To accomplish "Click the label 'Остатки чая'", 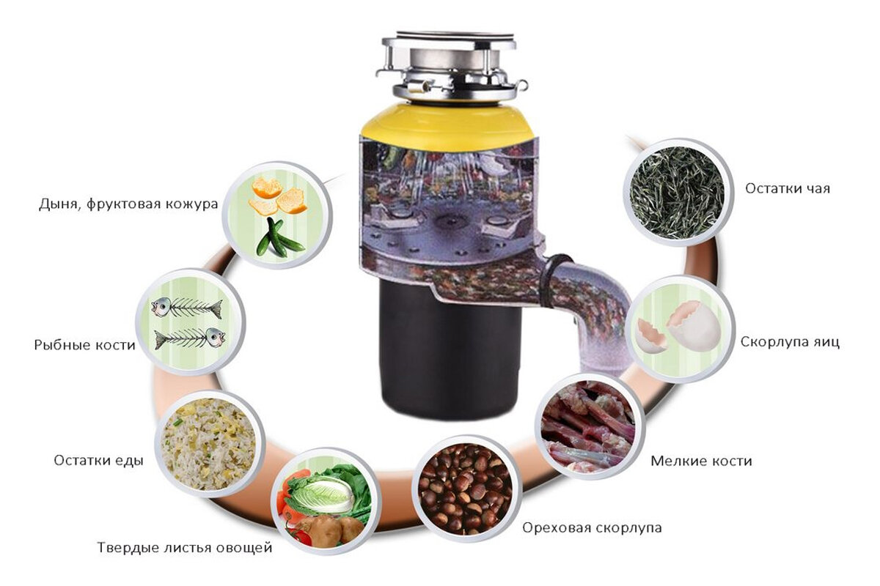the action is click(x=788, y=188).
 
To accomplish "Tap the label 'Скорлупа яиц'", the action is click(x=790, y=342).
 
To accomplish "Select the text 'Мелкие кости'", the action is click(x=701, y=461).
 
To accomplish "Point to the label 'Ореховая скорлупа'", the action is click(x=592, y=528).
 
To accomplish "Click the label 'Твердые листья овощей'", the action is click(x=185, y=547).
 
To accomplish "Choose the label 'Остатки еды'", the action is click(x=98, y=461).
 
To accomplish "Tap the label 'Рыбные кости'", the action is click(x=84, y=345).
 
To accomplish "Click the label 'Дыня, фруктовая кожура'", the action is click(x=128, y=204).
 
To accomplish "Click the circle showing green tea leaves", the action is click(x=678, y=193).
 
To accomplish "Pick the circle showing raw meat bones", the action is click(x=590, y=426).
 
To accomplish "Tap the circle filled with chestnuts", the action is click(x=467, y=489).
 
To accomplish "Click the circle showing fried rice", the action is click(x=210, y=444).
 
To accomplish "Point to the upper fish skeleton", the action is click(x=187, y=308).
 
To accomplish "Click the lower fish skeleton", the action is click(x=190, y=338).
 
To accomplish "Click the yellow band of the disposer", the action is click(x=448, y=122).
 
